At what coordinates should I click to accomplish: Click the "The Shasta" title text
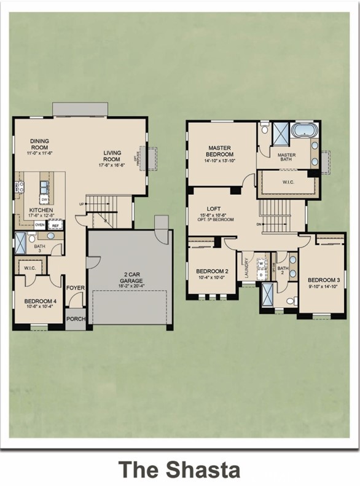pyautogui.click(x=179, y=469)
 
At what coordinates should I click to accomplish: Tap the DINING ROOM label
pyautogui.click(x=39, y=144)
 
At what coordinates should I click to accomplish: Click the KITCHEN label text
pyautogui.click(x=41, y=211)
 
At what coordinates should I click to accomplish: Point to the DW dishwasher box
pyautogui.click(x=44, y=200)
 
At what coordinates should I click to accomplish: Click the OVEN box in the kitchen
pyautogui.click(x=39, y=225)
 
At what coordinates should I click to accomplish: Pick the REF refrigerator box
pyautogui.click(x=55, y=225)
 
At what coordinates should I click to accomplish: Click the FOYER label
pyautogui.click(x=76, y=288)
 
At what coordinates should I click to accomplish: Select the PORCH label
pyautogui.click(x=76, y=318)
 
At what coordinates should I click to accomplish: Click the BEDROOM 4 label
pyautogui.click(x=39, y=301)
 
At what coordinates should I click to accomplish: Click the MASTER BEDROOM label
pyautogui.click(x=219, y=151)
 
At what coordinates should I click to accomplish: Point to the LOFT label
pyautogui.click(x=213, y=208)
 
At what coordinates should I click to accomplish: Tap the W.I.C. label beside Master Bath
pyautogui.click(x=288, y=182)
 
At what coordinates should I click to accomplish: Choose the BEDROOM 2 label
pyautogui.click(x=212, y=272)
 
